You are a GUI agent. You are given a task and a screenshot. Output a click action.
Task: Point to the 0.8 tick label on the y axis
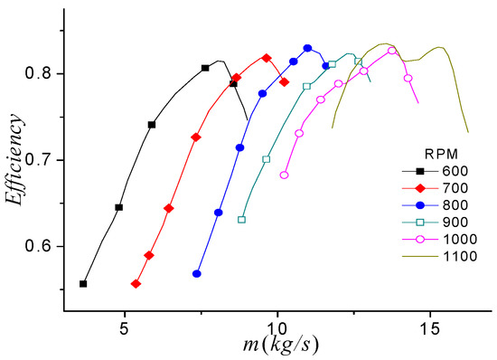[x=42, y=74]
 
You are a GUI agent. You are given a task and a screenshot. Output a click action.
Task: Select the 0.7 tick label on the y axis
[x=42, y=160]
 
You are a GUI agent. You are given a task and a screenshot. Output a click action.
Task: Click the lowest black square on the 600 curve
[x=83, y=284]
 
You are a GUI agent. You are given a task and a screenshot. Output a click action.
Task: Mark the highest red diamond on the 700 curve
[x=266, y=57]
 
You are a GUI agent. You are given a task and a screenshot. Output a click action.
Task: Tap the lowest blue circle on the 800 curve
[x=196, y=274]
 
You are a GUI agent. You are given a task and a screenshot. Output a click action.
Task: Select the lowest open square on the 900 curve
[x=241, y=220]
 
